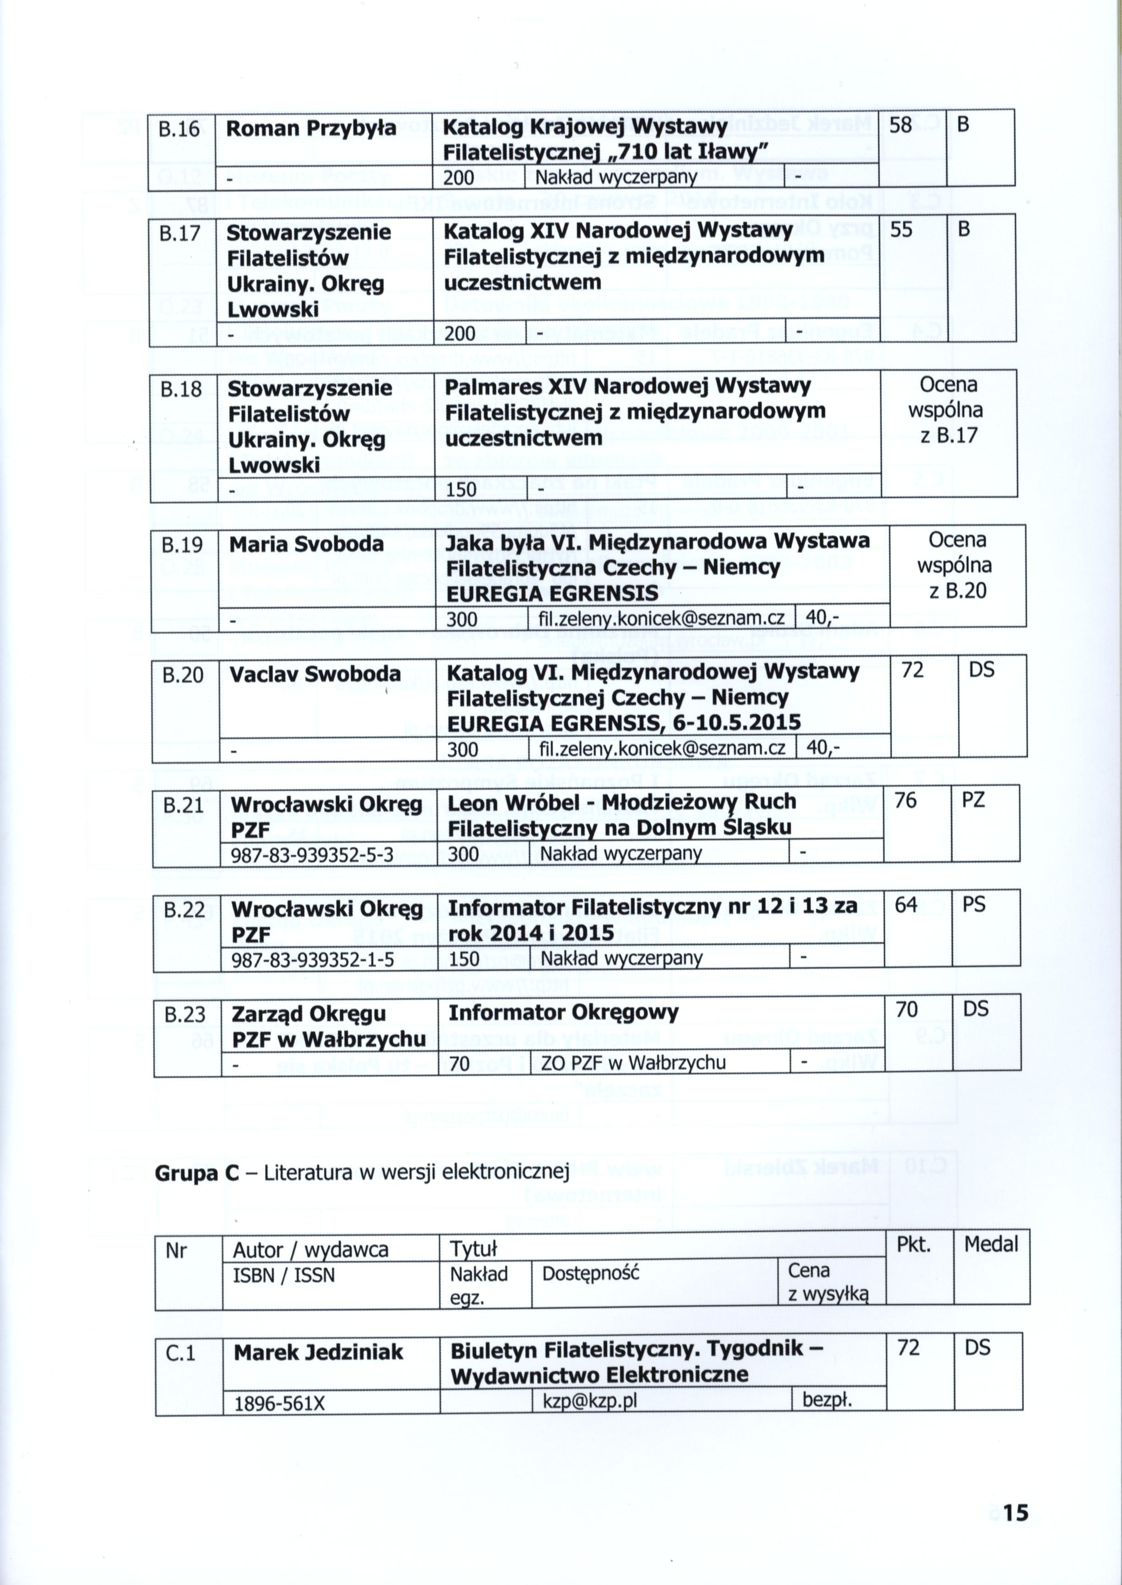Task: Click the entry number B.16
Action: coord(179,129)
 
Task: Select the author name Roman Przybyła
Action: coord(311,129)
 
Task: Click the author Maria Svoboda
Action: coord(306,544)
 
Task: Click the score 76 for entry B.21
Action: coord(905,801)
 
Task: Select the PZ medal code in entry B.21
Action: coord(973,801)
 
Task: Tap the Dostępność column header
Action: coord(591,1273)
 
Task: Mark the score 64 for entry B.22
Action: coord(905,905)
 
